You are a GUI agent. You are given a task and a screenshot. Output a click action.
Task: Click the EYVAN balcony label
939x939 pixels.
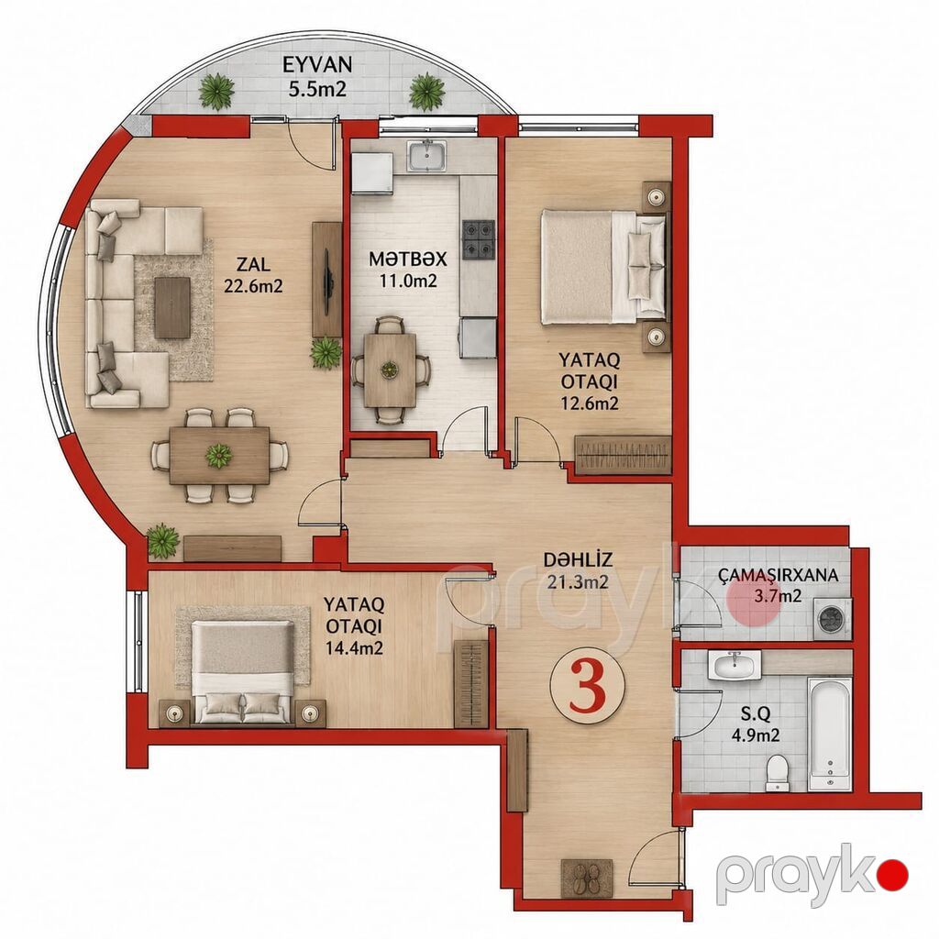[317, 64]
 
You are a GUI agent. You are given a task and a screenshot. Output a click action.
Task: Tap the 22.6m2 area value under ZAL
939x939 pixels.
[253, 287]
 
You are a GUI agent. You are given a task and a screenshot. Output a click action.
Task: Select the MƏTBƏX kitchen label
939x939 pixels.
[408, 260]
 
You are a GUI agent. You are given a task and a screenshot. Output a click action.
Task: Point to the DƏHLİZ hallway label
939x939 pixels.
[578, 560]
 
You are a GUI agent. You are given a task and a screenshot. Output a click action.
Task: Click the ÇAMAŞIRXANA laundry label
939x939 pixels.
[778, 576]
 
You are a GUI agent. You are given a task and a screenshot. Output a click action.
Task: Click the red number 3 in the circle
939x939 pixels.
[588, 686]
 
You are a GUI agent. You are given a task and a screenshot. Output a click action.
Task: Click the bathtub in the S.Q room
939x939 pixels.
[830, 734]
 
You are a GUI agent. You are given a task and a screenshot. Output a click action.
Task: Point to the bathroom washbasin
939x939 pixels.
[735, 665]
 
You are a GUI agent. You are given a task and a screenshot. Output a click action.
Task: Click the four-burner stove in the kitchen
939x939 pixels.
[479, 238]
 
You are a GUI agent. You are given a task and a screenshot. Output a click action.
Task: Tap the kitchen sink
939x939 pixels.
[426, 156]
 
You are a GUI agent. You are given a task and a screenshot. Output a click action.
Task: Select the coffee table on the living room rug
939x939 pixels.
[172, 307]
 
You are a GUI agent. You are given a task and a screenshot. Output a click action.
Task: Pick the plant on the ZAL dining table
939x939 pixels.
[218, 456]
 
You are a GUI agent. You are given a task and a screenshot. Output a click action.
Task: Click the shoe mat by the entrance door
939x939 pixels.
[587, 878]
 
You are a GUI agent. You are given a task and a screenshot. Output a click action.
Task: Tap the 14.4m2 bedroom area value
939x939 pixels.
[354, 647]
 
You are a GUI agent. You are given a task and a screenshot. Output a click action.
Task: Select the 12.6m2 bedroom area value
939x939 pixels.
[590, 403]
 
